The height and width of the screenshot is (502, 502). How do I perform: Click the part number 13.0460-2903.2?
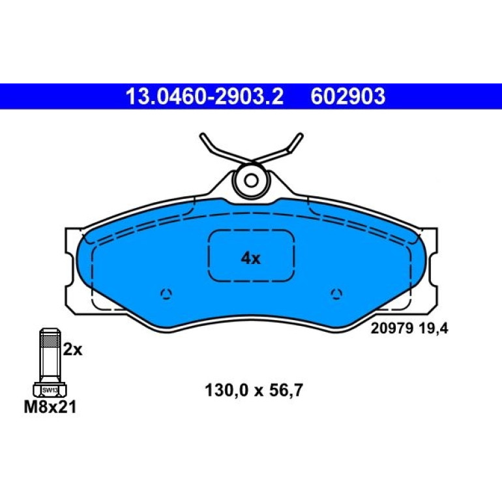point(205,96)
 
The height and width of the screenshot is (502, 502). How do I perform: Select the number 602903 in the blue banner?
point(348,96)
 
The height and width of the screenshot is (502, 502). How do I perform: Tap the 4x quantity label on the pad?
point(251,258)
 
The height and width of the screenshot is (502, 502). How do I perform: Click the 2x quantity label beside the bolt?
point(72,349)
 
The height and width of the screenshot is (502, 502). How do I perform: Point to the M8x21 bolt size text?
point(50,407)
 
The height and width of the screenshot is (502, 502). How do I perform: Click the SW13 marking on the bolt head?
point(50,391)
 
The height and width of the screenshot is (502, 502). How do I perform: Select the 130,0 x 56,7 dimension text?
point(254,391)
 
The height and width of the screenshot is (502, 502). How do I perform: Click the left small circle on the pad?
point(166,293)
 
